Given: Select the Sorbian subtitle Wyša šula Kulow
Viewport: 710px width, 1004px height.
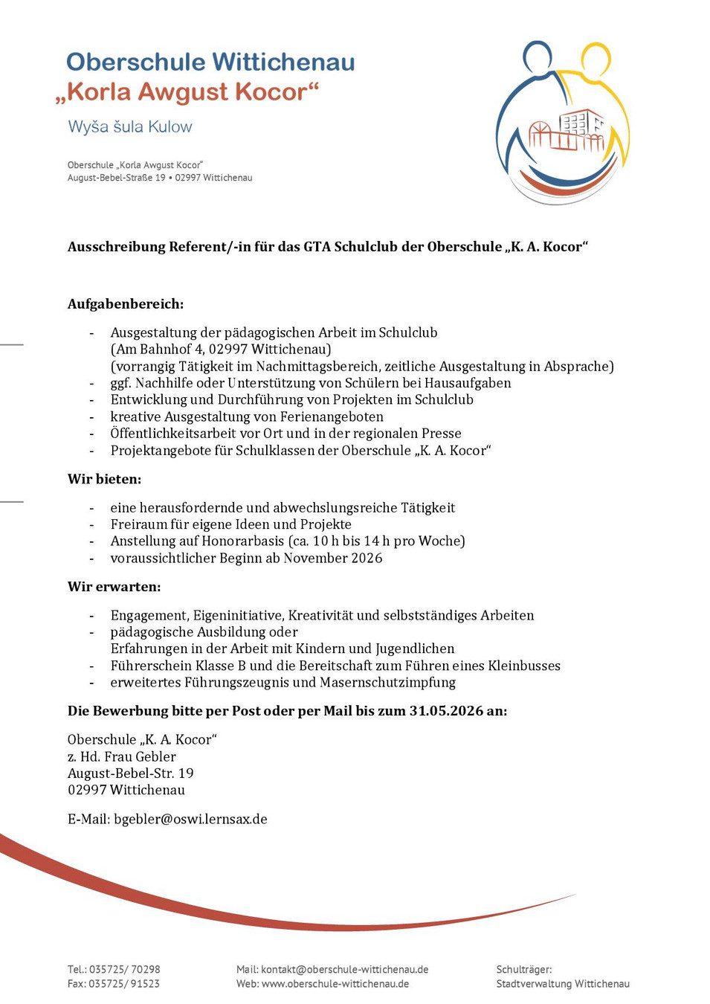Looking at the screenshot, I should tap(130, 126).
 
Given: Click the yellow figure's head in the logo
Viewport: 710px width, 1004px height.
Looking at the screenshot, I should tap(596, 59).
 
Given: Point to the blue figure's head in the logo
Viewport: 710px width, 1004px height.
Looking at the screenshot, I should tap(537, 57).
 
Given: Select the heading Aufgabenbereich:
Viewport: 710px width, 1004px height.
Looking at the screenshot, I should tap(125, 303).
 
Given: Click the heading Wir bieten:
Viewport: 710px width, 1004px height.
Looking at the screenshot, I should tap(104, 479).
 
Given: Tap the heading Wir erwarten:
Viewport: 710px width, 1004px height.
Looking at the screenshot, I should tap(114, 587).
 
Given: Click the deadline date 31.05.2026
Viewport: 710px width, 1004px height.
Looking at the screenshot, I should tap(446, 711).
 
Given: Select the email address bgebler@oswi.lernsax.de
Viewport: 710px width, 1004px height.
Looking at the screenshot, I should tap(190, 819).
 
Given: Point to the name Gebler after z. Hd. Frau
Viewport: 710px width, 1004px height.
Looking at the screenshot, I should tap(155, 756).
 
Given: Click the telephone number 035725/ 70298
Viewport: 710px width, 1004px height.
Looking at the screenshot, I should tap(124, 969).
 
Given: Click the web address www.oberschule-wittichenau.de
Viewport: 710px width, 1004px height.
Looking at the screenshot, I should tap(335, 983).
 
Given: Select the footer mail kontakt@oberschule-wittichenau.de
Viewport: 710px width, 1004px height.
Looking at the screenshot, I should tap(344, 969).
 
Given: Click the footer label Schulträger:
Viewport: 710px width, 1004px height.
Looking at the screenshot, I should tap(524, 969).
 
